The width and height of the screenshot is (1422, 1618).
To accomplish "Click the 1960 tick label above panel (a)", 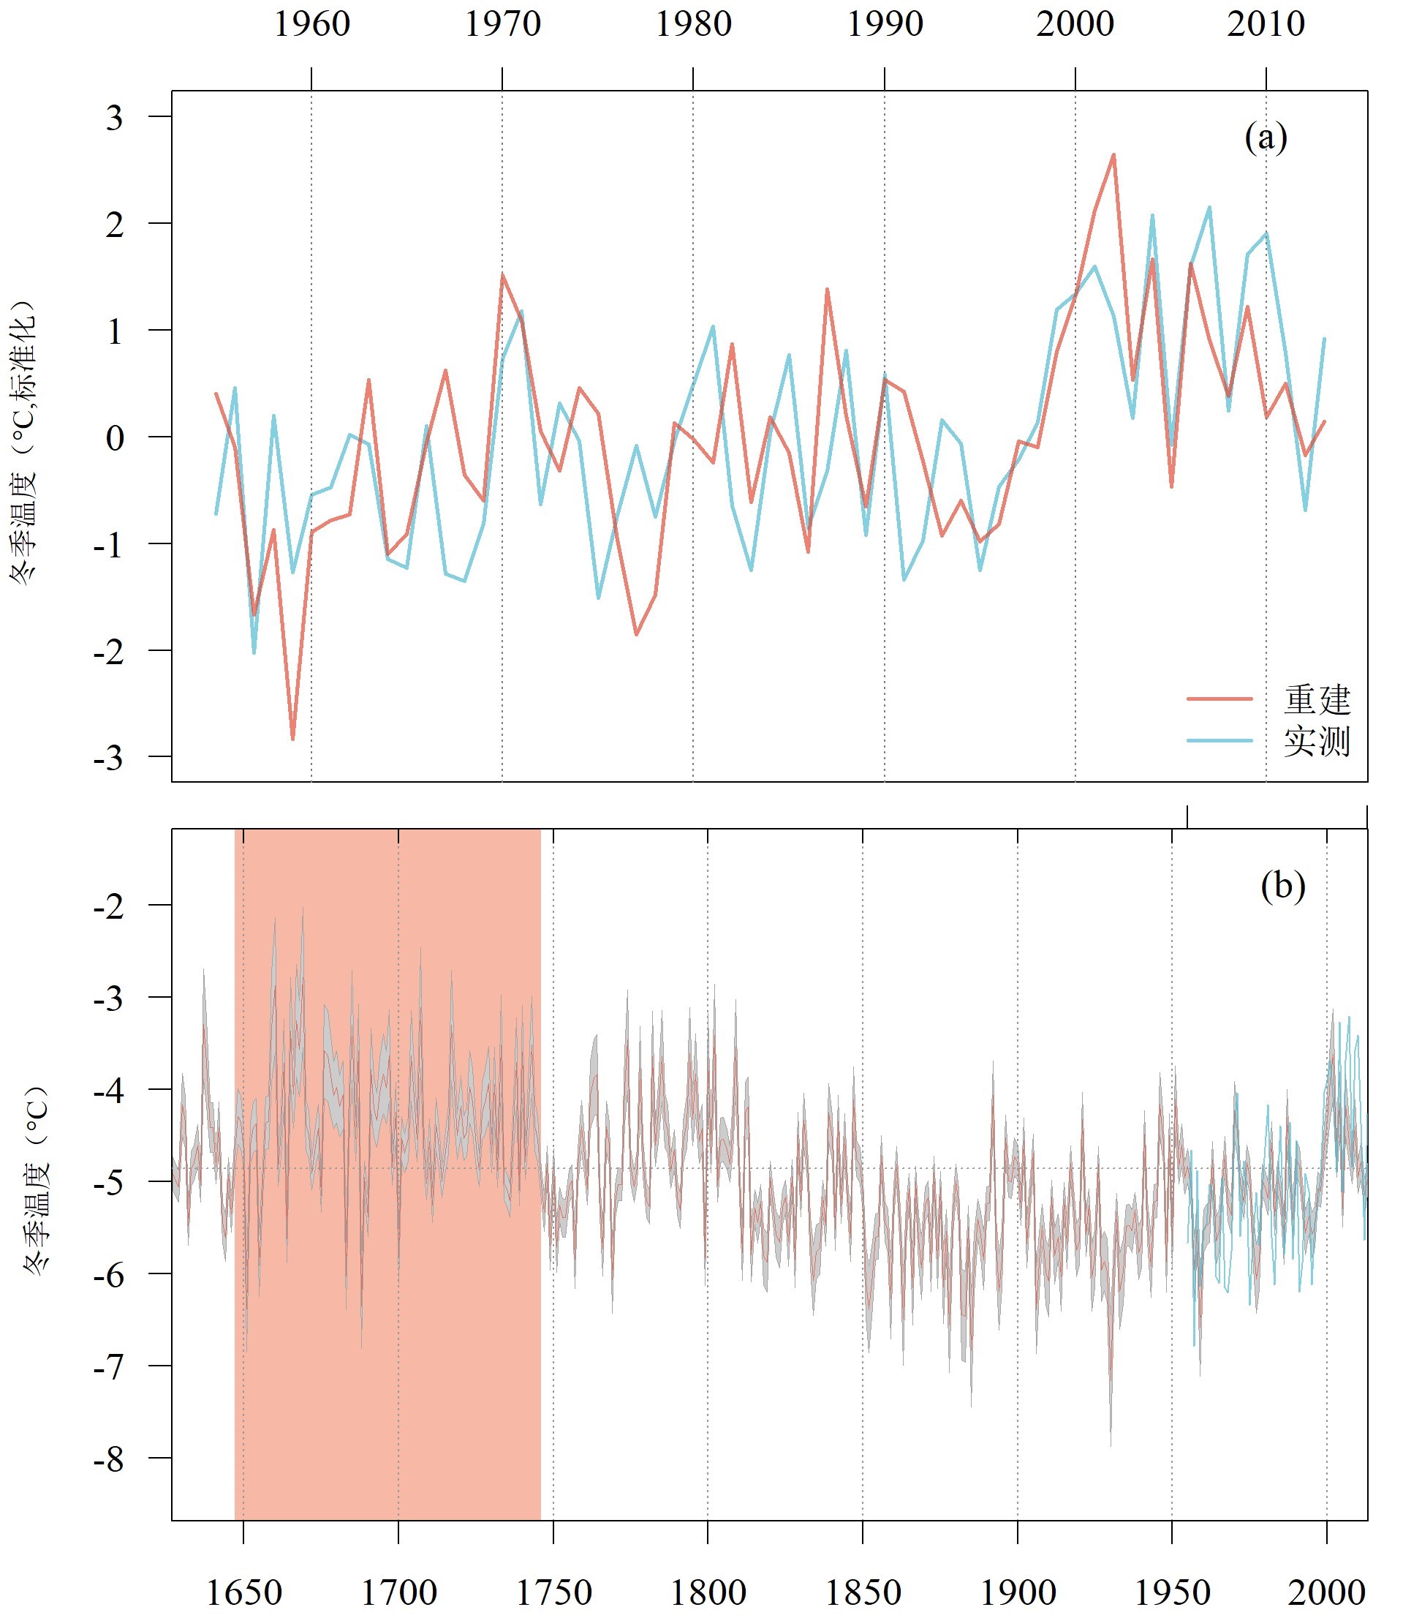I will (x=311, y=23).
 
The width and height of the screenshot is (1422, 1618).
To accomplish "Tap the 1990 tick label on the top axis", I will (x=885, y=23).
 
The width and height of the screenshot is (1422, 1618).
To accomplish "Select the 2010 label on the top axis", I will (x=1266, y=23).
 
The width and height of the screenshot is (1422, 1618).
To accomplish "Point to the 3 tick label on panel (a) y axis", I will (x=115, y=118).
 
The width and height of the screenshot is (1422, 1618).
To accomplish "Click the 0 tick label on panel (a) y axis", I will (x=115, y=437).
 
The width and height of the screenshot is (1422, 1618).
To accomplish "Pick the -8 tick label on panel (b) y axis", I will (x=109, y=1459).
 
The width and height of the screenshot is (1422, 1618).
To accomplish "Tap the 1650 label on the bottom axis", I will (x=243, y=1592).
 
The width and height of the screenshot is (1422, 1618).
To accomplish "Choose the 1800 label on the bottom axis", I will (x=708, y=1592).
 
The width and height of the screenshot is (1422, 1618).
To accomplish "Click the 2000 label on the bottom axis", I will (x=1327, y=1592).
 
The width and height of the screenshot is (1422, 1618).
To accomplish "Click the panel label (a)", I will (x=1266, y=138).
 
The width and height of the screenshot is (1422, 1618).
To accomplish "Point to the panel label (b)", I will (x=1283, y=886).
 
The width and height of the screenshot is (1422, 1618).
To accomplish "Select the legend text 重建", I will (x=1317, y=700).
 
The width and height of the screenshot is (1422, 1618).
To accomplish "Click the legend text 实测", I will (x=1317, y=742).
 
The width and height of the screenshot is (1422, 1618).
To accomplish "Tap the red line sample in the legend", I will (x=1219, y=699).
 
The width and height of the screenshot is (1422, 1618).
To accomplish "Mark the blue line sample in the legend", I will (x=1219, y=741).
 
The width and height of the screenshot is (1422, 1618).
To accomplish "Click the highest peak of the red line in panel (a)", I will (x=1113, y=155).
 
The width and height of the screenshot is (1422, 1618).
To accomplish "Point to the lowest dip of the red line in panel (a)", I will (x=292, y=739).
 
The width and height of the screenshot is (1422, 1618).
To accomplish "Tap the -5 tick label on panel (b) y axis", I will (x=109, y=1183).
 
